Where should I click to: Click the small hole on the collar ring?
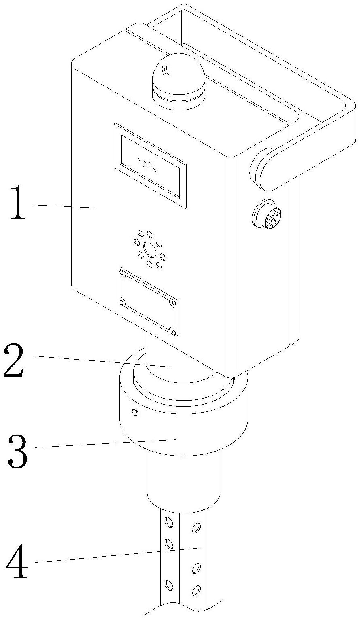[135, 412]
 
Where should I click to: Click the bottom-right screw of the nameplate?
[174, 332]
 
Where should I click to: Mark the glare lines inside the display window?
[146, 164]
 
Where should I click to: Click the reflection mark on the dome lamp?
[165, 72]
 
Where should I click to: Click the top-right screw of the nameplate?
[174, 302]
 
